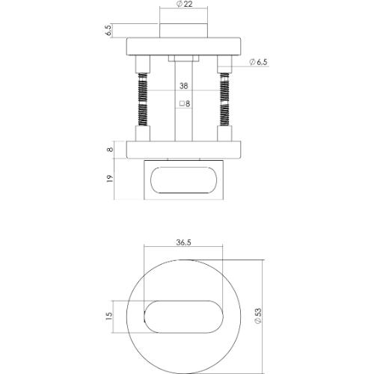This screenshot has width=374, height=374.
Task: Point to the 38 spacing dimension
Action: click(184, 85)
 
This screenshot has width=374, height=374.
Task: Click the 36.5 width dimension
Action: click(184, 242)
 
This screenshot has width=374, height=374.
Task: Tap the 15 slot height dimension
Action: click(108, 316)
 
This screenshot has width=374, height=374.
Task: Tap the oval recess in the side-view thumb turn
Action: click(184, 182)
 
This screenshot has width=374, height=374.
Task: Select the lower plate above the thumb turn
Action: click(184, 150)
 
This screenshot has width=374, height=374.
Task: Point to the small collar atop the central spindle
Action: click(184, 58)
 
